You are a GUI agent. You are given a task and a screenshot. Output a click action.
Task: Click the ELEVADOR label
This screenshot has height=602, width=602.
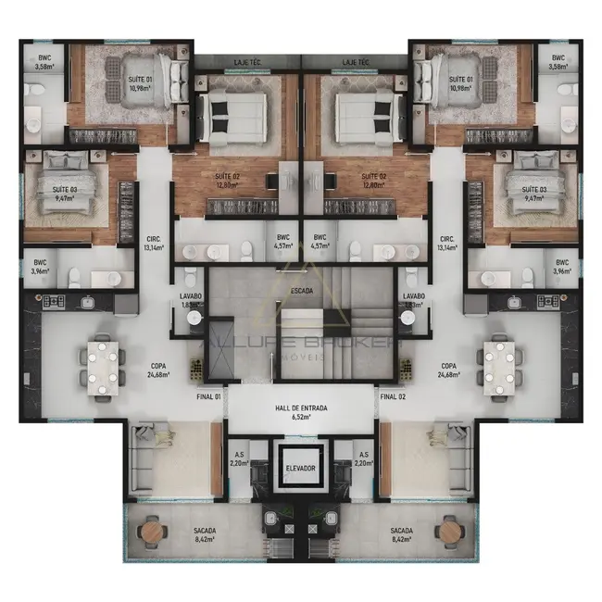coord(300,469)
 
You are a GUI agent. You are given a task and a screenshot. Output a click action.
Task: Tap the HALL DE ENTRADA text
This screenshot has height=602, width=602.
coord(301,408)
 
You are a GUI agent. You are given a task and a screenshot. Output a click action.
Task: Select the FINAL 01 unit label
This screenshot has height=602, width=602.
coord(209,397)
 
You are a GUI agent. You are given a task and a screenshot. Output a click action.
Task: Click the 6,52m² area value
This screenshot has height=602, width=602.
coord(301,418)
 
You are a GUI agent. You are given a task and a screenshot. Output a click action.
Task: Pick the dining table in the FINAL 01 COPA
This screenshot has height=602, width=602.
coord(103,361)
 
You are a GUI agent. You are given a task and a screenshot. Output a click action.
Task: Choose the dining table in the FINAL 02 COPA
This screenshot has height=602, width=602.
coord(499,361)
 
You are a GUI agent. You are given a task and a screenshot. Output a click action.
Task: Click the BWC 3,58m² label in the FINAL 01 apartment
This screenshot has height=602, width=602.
coord(44,62)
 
